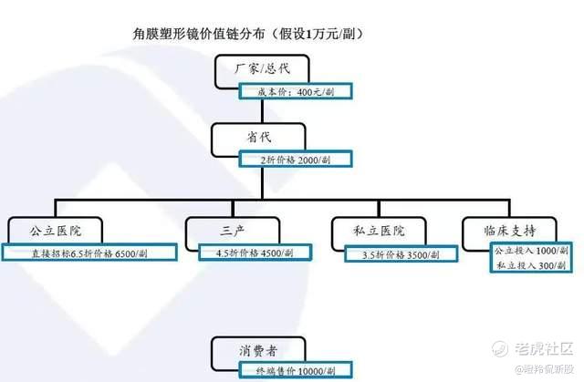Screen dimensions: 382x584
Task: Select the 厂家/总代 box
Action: [x=262, y=69]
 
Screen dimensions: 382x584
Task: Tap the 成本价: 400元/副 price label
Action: [x=294, y=91]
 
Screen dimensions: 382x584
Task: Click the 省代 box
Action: [x=258, y=137]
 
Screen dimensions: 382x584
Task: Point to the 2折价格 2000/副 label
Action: [x=294, y=160]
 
